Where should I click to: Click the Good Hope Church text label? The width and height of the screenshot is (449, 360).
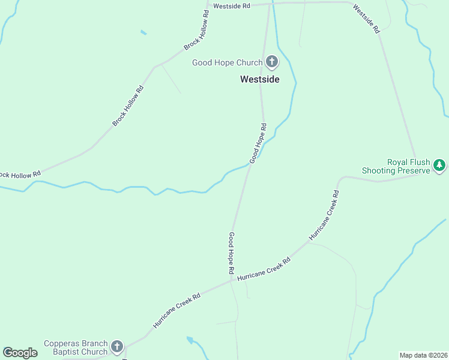pyautogui.click(x=227, y=62)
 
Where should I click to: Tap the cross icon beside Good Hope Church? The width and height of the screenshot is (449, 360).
pyautogui.click(x=271, y=62)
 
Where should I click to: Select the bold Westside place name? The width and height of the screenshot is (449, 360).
pyautogui.click(x=259, y=79)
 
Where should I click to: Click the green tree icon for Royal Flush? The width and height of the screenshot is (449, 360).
pyautogui.click(x=439, y=164)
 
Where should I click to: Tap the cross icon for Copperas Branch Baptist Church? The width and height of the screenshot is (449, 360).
pyautogui.click(x=116, y=346)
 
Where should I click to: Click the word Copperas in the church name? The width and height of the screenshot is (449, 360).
pyautogui.click(x=59, y=344)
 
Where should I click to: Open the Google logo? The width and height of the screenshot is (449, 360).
pyautogui.click(x=20, y=353)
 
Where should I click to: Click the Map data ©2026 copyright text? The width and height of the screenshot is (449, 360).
pyautogui.click(x=423, y=355)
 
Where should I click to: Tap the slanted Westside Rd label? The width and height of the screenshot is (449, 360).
pyautogui.click(x=366, y=19)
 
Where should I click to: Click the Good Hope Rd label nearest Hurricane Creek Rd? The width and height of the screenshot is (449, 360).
pyautogui.click(x=231, y=253)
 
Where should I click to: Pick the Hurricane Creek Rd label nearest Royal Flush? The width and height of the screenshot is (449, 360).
pyautogui.click(x=324, y=215)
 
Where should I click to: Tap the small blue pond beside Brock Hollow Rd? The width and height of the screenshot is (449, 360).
pyautogui.click(x=143, y=32)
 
